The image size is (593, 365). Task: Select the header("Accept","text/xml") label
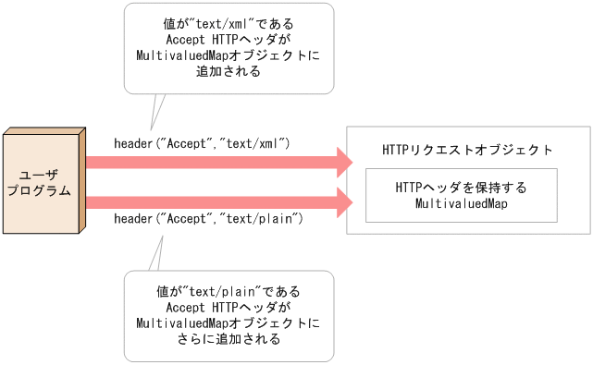[203, 143]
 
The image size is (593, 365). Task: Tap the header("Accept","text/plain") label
[209, 219]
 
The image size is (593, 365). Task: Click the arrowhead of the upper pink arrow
[343, 163]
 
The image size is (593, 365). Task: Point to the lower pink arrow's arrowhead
[343, 201]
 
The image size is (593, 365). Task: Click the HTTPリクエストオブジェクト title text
[467, 150]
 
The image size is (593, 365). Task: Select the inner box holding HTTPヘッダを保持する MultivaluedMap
[461, 195]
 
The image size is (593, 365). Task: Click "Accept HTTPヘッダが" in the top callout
[229, 41]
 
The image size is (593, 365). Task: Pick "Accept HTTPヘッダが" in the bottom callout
[229, 307]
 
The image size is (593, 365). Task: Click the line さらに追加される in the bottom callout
[229, 339]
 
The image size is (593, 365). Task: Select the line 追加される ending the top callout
[229, 72]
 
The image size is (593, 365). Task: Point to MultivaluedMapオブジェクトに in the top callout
[229, 56]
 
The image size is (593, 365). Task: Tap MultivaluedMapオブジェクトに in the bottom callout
[229, 322]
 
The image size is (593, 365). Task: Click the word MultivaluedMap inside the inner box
[461, 203]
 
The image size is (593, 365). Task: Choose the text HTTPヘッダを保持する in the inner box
[461, 188]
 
